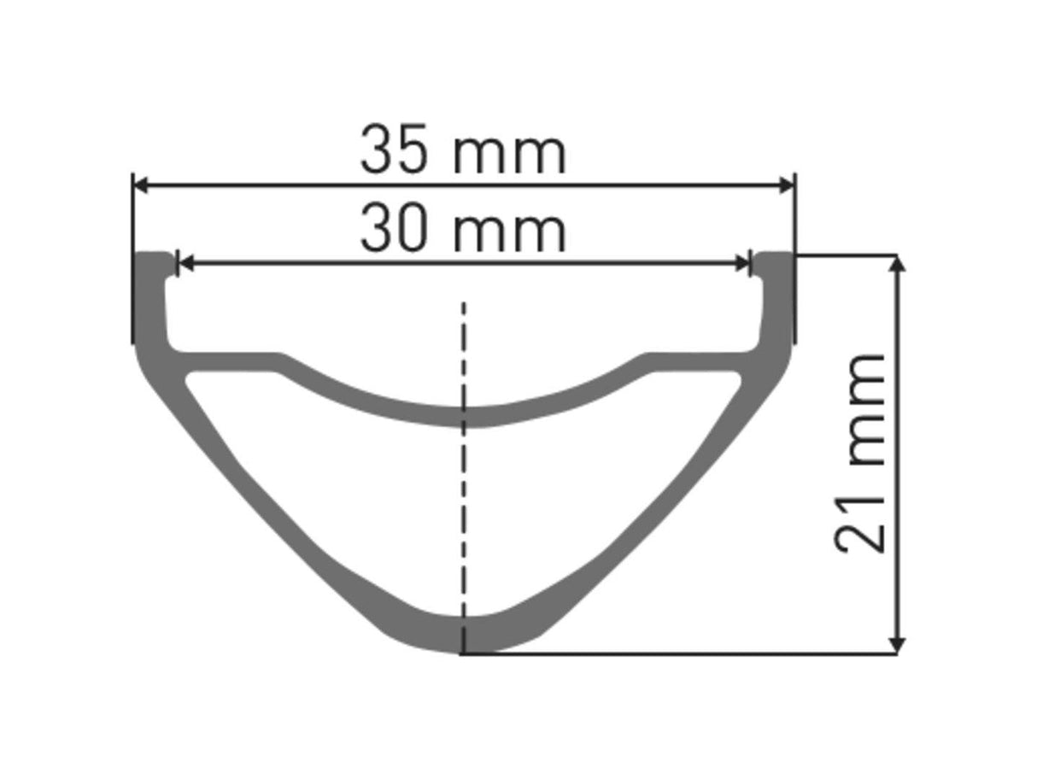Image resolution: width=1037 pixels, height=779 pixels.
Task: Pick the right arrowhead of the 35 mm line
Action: coord(786,184)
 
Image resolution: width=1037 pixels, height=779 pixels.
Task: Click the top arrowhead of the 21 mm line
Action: coord(897,264)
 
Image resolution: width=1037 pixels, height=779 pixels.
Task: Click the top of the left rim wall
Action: coord(152,257)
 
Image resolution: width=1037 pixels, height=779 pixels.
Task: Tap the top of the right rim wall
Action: coord(776,257)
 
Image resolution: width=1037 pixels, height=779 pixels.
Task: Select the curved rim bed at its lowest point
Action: coord(464,416)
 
